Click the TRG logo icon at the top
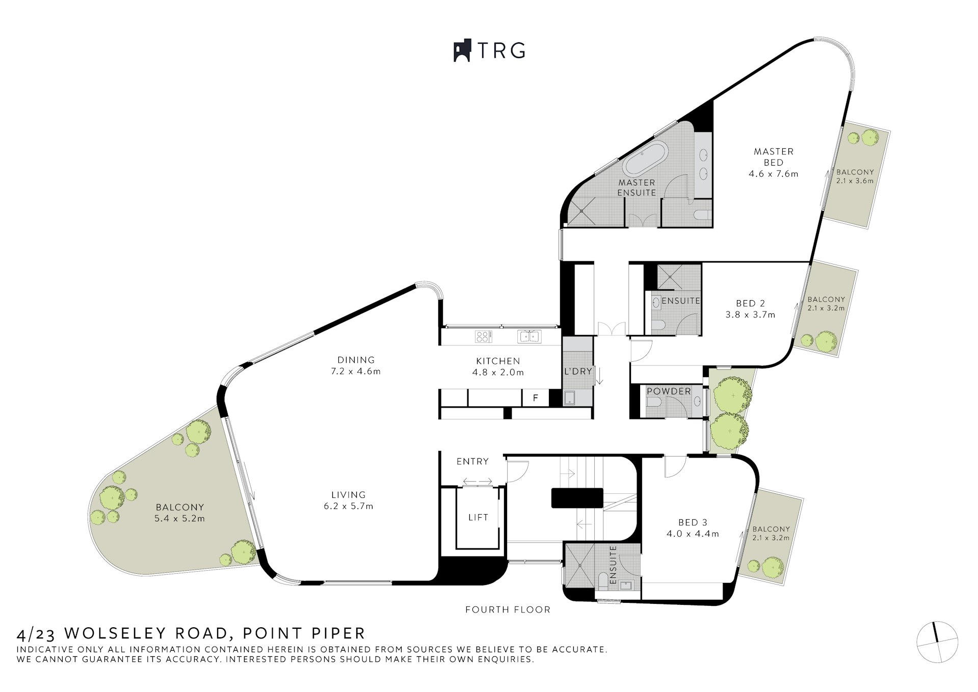(461, 50)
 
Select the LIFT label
(478, 517)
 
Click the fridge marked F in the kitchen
(536, 398)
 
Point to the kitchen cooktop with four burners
(484, 336)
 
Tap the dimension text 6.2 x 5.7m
(349, 506)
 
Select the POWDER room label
(669, 391)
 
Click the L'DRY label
(578, 371)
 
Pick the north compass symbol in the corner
(937, 642)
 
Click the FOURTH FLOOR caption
(508, 609)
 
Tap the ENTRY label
(472, 461)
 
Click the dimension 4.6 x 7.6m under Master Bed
(773, 174)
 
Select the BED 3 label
(693, 522)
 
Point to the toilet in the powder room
(654, 403)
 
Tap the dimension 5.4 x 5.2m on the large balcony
(179, 519)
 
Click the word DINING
(356, 360)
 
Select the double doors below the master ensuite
(642, 220)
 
